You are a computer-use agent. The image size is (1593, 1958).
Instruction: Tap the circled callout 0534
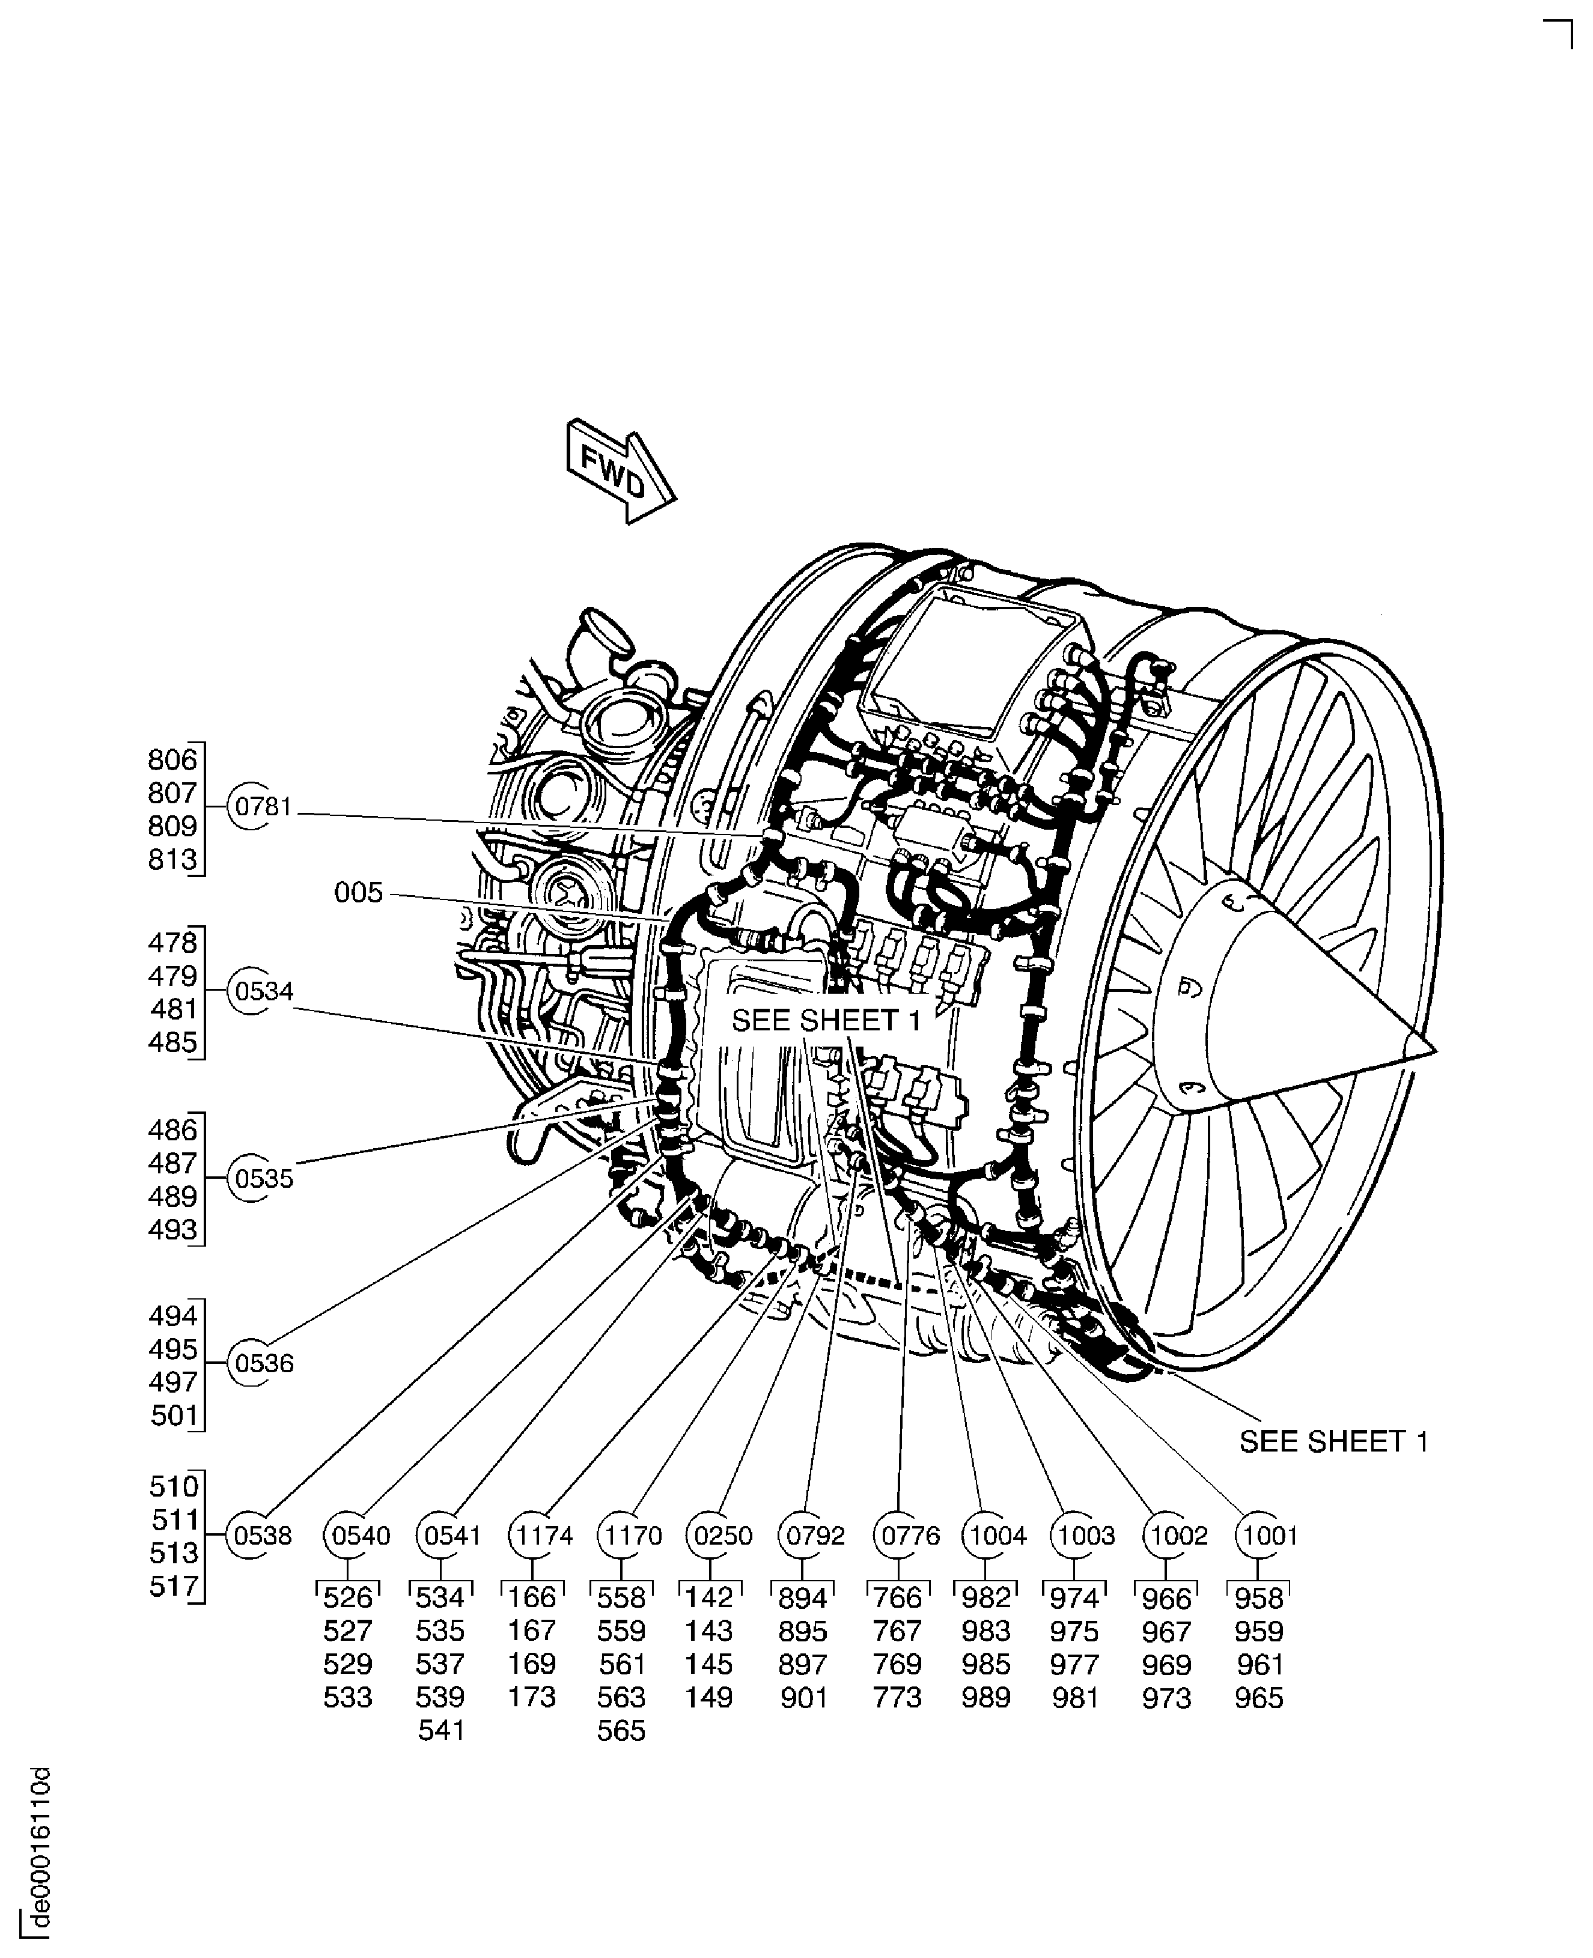(x=263, y=992)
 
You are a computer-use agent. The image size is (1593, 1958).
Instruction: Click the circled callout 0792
(x=814, y=1536)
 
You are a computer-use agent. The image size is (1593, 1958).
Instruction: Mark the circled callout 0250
(x=722, y=1536)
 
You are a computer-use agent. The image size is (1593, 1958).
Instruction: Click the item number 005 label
(x=358, y=893)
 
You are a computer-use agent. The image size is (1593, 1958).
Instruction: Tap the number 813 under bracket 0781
(x=172, y=860)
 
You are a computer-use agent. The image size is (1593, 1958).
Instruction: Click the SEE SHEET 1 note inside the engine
(x=826, y=1020)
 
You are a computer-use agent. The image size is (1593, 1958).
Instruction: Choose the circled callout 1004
(x=996, y=1536)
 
